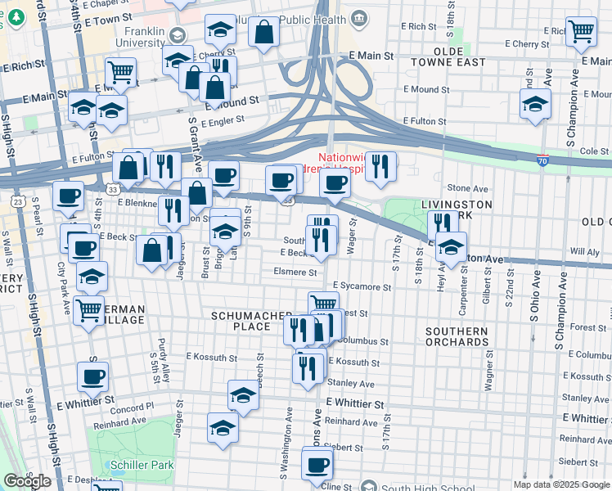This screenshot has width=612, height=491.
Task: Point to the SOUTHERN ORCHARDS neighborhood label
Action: [x=457, y=336]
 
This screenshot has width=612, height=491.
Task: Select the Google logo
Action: [x=27, y=481]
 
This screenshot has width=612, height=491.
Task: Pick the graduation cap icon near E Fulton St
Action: [x=535, y=104]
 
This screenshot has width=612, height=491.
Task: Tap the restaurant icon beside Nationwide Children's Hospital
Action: [x=380, y=166]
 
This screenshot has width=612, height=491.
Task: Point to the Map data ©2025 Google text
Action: [x=560, y=484]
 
